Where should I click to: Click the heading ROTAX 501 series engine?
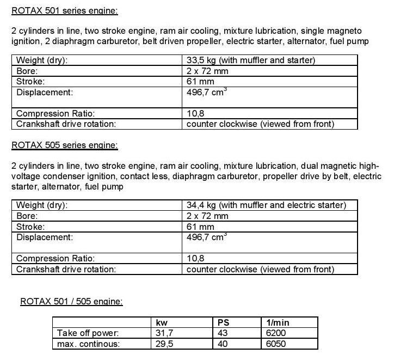[x=64, y=10]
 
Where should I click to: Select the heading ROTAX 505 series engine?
[x=64, y=145]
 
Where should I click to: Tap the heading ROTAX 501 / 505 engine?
[x=71, y=301]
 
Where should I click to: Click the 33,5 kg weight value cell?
[x=250, y=60]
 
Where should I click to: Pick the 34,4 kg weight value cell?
[x=266, y=205]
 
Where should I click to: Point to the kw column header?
[x=162, y=322]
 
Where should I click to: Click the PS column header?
[x=223, y=322]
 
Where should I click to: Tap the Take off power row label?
[x=88, y=333]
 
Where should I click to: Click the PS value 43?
[x=223, y=333]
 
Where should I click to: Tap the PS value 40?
[x=223, y=344]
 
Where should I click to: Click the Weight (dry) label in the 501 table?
[x=42, y=60]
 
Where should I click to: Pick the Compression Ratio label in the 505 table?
[x=56, y=258]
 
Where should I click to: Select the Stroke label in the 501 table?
[x=30, y=81]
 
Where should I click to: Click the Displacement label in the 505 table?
[x=45, y=237]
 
